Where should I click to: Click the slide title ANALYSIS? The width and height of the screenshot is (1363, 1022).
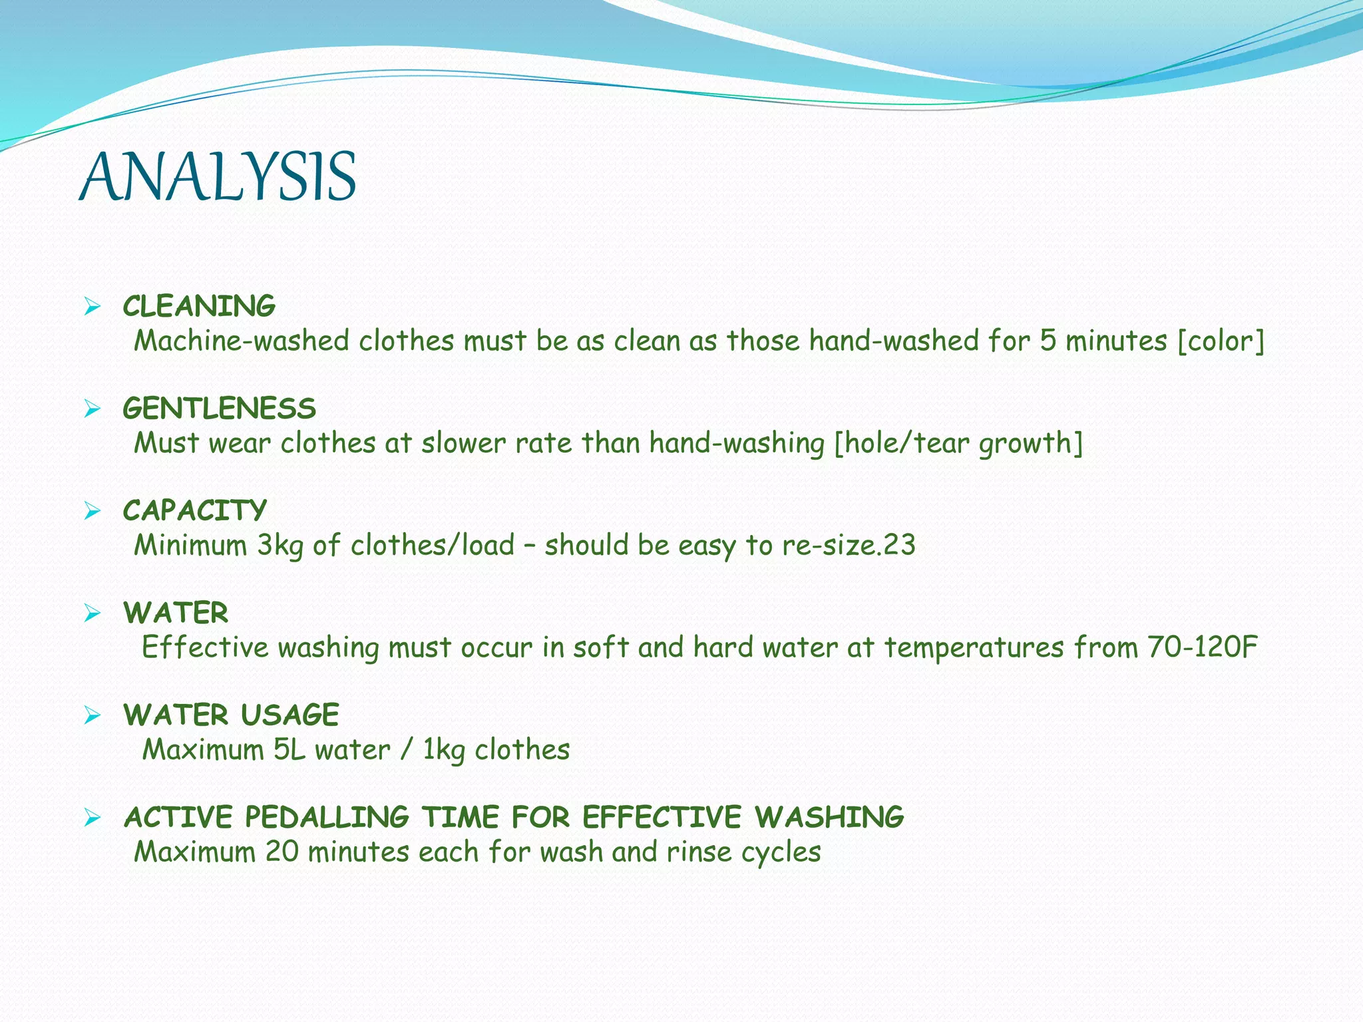218,177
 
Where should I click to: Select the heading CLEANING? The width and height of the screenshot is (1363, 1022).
199,307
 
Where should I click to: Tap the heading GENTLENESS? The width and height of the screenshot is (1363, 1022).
219,409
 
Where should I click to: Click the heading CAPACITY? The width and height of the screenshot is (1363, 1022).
194,511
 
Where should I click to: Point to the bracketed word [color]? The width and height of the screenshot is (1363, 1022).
1221,341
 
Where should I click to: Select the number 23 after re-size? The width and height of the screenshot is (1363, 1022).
899,545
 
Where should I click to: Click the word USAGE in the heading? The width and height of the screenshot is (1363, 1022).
290,715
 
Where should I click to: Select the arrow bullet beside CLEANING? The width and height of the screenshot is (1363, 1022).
92,307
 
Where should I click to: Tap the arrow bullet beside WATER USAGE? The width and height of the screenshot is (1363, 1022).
92,716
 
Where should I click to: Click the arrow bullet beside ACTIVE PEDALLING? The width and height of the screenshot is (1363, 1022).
92,818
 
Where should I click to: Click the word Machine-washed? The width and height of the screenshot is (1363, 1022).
241,341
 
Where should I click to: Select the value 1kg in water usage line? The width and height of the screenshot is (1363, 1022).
444,751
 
